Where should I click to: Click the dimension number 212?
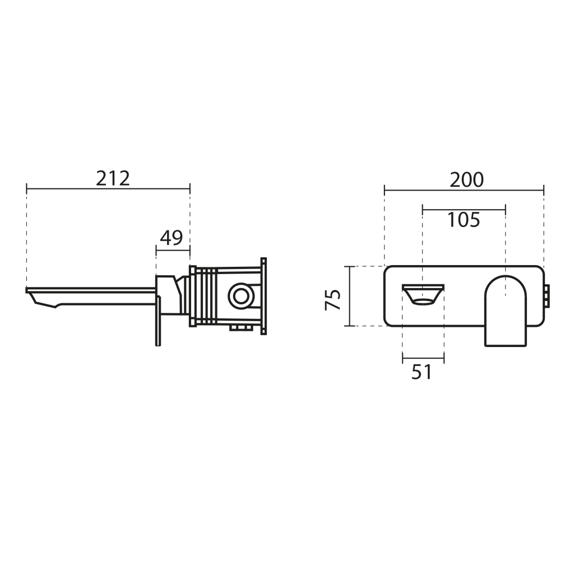(x=113, y=179)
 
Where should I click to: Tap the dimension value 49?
(x=172, y=238)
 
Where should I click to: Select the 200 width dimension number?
(x=466, y=180)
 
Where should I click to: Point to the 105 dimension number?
(x=464, y=220)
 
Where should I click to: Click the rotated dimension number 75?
(x=333, y=300)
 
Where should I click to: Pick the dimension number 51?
(x=422, y=372)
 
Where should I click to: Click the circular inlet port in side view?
(x=240, y=295)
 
